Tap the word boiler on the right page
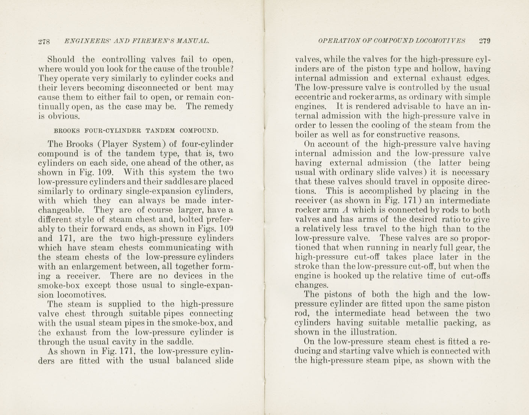[x=306, y=135]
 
